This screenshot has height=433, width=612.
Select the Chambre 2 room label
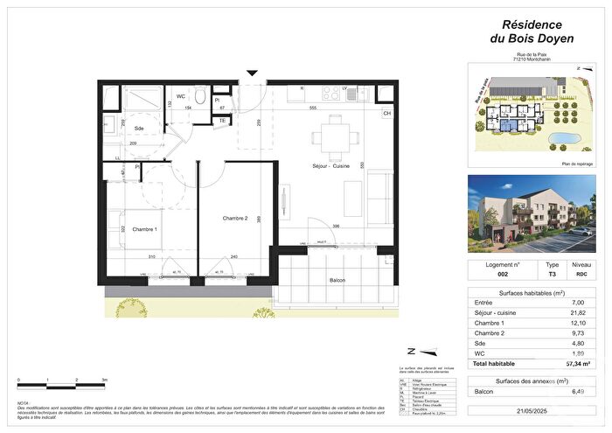coord(235,218)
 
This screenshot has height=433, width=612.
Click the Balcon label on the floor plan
coord(337,280)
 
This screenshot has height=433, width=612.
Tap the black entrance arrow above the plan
coord(253,74)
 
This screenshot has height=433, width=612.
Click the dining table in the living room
coord(333,135)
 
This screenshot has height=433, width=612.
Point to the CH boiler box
coord(386,114)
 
